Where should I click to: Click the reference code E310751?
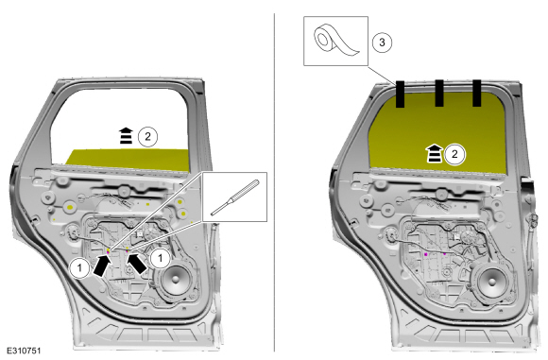pos(24,351)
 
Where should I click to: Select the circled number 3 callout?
pos(382,43)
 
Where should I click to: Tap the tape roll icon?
pos(336,41)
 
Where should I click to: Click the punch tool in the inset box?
pos(235,197)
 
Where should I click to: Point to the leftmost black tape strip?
pos(400,94)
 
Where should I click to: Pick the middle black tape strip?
pos(439,93)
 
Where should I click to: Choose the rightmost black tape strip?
pos(477,93)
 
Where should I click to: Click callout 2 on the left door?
pos(147,136)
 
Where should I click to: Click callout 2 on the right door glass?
pos(454,154)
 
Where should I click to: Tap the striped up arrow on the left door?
pos(127,136)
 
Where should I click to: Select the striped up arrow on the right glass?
pos(434,154)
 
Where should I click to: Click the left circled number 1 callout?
pos(79,268)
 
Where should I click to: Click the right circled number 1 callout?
pos(160,258)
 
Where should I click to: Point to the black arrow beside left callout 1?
pos(101,266)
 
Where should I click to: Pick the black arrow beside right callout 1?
pos(137,264)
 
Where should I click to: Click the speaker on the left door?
pos(174,280)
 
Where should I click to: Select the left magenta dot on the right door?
pos(426,254)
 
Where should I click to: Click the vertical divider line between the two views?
pos(274,182)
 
